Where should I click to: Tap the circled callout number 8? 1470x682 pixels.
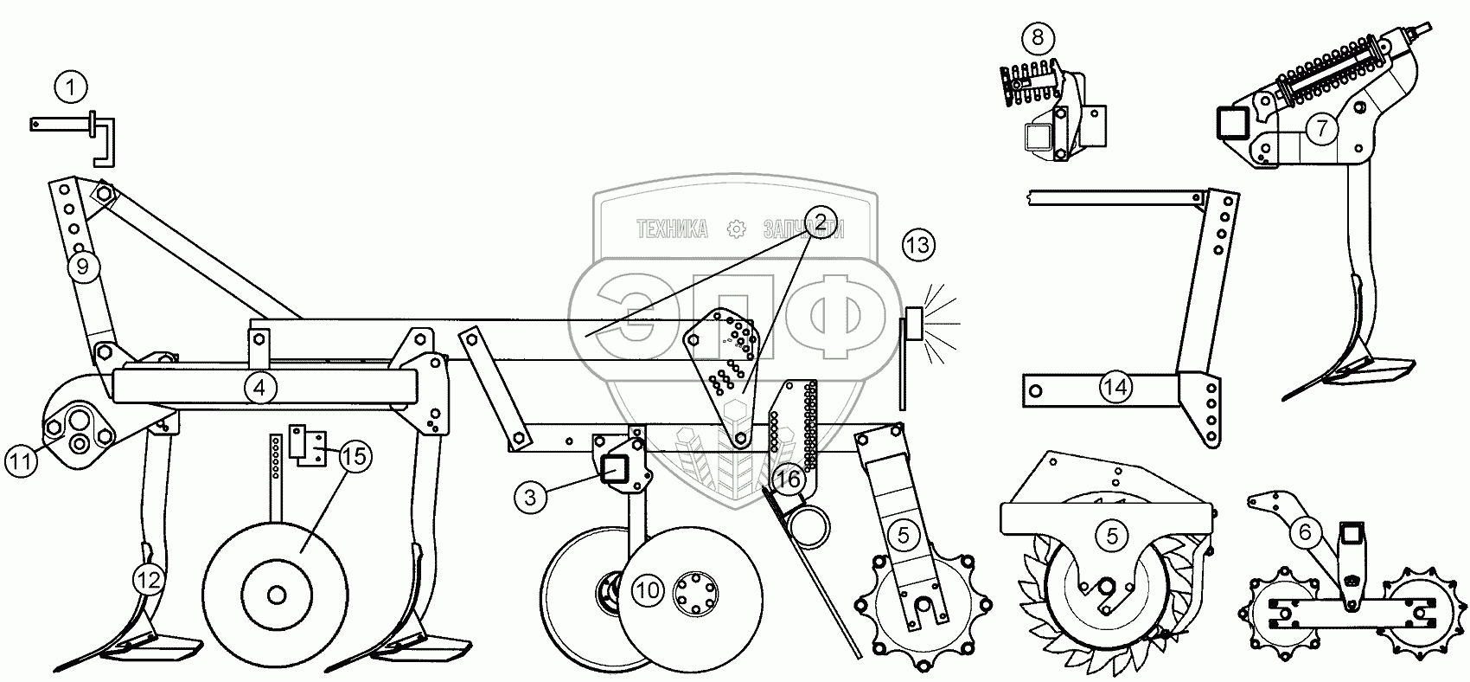(x=1038, y=37)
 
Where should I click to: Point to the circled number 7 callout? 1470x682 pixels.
(x=1321, y=130)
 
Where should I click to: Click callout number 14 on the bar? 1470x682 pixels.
(x=1115, y=387)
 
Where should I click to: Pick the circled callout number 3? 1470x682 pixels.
(x=531, y=496)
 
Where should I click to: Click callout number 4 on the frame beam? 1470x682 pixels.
(x=259, y=388)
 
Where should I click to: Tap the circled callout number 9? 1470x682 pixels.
(x=83, y=267)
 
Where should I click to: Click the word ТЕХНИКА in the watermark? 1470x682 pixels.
(x=672, y=228)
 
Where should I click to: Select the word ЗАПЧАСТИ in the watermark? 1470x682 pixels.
(x=803, y=228)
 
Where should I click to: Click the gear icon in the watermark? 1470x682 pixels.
(x=737, y=228)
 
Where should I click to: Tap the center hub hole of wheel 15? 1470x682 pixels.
(x=276, y=595)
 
